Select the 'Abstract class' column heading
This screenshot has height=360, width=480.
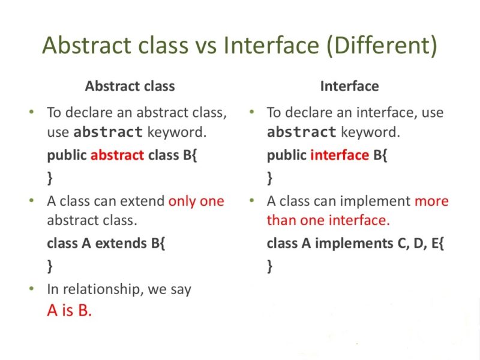[130, 86]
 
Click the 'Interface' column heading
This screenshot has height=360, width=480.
[349, 86]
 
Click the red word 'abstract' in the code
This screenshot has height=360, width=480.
[117, 155]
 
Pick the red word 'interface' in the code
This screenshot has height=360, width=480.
[339, 155]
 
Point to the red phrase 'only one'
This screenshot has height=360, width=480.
[196, 201]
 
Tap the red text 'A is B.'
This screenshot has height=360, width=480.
[70, 311]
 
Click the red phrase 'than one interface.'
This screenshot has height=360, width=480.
[328, 220]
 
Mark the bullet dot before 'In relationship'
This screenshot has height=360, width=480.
[31, 289]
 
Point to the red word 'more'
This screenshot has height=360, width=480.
[431, 201]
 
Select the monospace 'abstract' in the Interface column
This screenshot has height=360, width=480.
[302, 132]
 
